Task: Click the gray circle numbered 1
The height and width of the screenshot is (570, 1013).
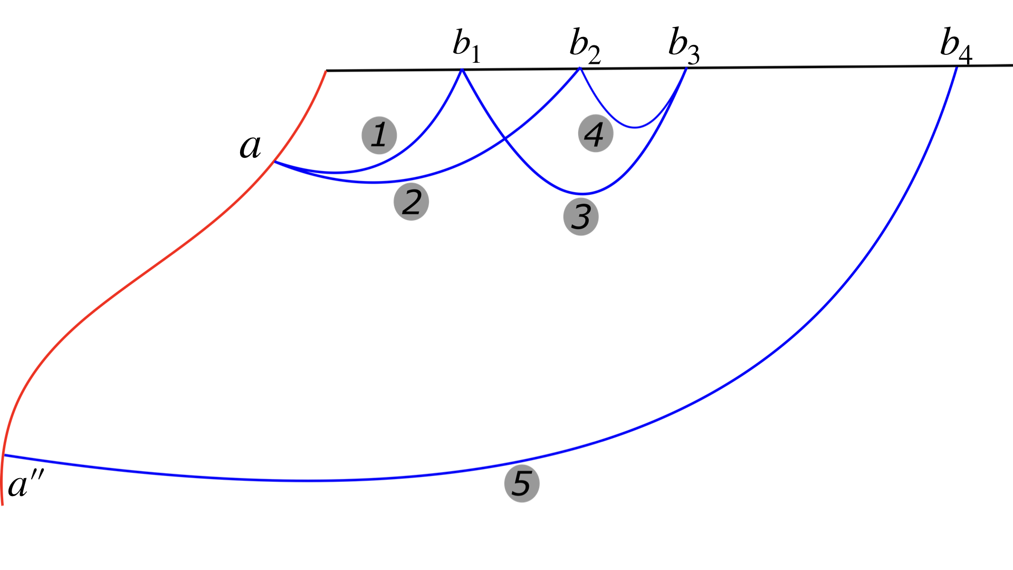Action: [379, 135]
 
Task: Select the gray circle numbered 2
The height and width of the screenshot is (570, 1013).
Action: [411, 202]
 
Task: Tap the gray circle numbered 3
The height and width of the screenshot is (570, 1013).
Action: [581, 216]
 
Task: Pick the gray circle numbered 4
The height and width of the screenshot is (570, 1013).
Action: [595, 134]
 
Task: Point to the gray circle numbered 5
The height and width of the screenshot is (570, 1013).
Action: [521, 483]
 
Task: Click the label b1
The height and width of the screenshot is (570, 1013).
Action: [466, 45]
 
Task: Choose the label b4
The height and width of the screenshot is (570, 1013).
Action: [955, 45]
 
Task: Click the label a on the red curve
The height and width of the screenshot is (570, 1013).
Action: [250, 146]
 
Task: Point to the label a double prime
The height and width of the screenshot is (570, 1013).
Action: [25, 484]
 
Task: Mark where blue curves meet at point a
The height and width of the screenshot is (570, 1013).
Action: [274, 161]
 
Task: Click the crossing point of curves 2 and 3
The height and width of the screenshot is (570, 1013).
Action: [505, 139]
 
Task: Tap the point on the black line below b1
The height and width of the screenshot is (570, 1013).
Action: [462, 70]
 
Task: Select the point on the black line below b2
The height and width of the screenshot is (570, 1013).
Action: [580, 69]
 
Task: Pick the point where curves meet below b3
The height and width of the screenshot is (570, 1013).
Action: [686, 68]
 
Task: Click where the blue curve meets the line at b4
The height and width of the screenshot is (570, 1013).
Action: [957, 66]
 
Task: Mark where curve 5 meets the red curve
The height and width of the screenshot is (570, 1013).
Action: [4, 455]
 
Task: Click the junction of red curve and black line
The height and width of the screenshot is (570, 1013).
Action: [326, 70]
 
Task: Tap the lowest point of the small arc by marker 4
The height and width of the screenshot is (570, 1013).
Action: [635, 128]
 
